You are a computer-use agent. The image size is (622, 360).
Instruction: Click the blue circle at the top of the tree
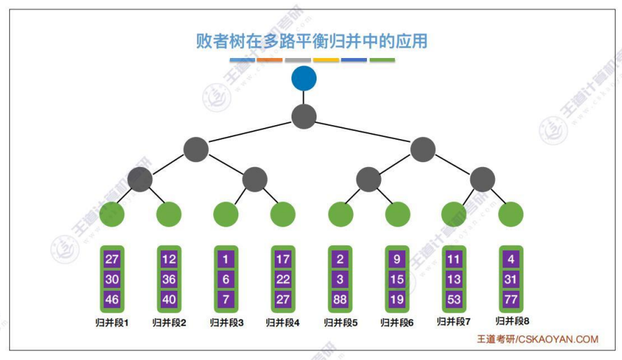[304, 78]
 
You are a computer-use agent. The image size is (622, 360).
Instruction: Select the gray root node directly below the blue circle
[304, 116]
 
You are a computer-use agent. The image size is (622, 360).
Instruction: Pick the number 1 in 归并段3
[226, 259]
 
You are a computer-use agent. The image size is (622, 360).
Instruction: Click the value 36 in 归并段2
[168, 280]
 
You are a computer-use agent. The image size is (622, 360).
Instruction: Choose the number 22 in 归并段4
[283, 280]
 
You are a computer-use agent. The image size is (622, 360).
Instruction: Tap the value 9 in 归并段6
[397, 259]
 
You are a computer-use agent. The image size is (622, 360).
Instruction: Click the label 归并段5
[340, 323]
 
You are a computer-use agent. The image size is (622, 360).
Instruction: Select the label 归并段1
[112, 323]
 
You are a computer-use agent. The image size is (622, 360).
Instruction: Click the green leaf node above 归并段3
[226, 214]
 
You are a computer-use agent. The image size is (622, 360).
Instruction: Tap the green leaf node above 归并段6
[397, 214]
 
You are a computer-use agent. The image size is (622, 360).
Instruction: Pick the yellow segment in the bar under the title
[326, 60]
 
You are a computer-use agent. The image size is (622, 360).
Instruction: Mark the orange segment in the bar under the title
[270, 60]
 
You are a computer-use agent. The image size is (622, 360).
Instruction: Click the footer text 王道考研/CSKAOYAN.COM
[537, 339]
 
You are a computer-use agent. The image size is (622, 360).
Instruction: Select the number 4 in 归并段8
[511, 259]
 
